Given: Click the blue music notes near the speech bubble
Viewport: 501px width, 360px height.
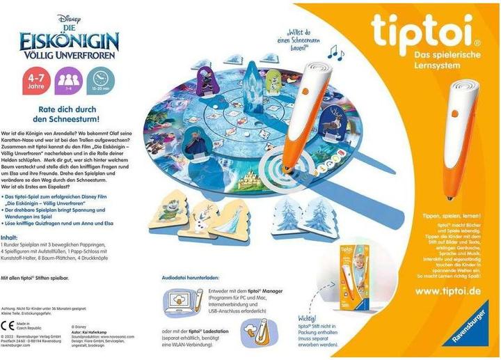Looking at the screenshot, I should (337, 51).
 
